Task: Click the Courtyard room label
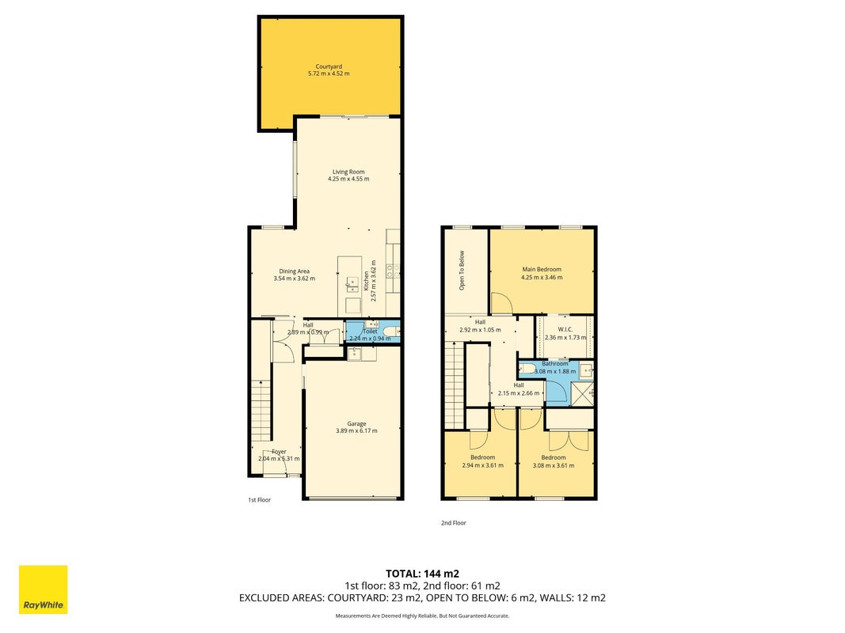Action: pyautogui.click(x=329, y=66)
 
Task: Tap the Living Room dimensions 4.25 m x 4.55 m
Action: pyautogui.click(x=348, y=179)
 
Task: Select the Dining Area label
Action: pyautogui.click(x=295, y=271)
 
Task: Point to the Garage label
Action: pyautogui.click(x=356, y=424)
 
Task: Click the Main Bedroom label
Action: pyautogui.click(x=542, y=269)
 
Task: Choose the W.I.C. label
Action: pyautogui.click(x=565, y=329)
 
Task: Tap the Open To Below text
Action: pyautogui.click(x=462, y=271)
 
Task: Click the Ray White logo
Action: pyautogui.click(x=43, y=589)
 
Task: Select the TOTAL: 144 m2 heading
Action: pyautogui.click(x=423, y=574)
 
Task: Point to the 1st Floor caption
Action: pyautogui.click(x=259, y=500)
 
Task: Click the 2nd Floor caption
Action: pyautogui.click(x=454, y=523)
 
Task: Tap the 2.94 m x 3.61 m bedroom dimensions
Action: pyautogui.click(x=483, y=465)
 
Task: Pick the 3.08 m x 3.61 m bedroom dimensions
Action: pyautogui.click(x=554, y=465)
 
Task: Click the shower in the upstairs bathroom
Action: pyautogui.click(x=582, y=393)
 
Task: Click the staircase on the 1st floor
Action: pyautogui.click(x=261, y=410)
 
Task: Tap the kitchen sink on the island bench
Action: pyautogui.click(x=352, y=284)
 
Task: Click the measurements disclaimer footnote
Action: pyautogui.click(x=423, y=616)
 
